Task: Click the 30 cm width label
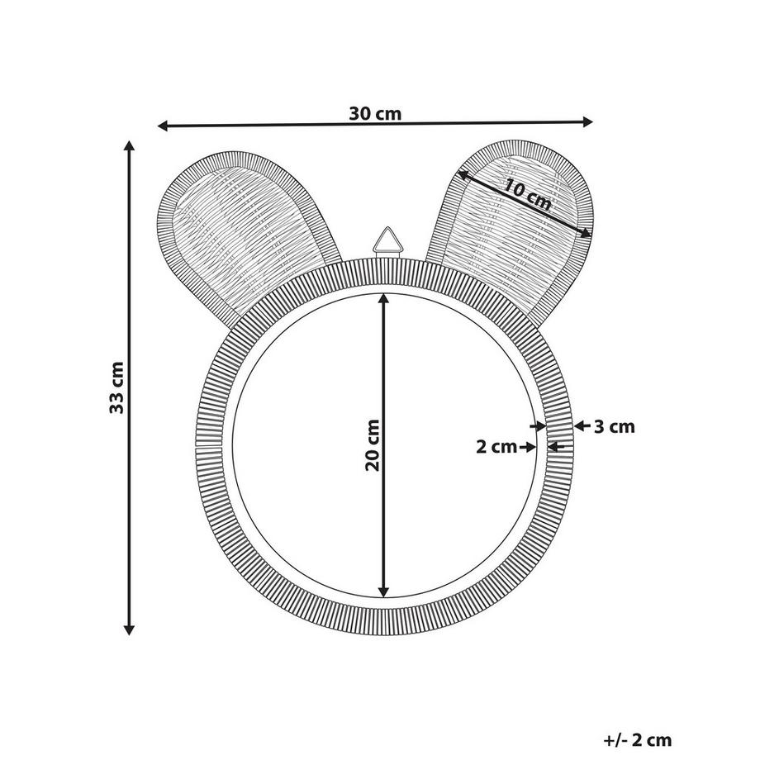[x=375, y=114]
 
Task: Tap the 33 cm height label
[x=116, y=387]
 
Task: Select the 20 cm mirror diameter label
[x=373, y=445]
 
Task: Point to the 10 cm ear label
[x=528, y=194]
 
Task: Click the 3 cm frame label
[x=614, y=427]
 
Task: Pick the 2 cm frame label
[x=496, y=447]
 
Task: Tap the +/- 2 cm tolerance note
[x=638, y=740]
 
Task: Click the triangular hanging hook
[x=387, y=242]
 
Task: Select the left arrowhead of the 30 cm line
[x=163, y=126]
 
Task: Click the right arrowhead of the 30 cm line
[x=588, y=121]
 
